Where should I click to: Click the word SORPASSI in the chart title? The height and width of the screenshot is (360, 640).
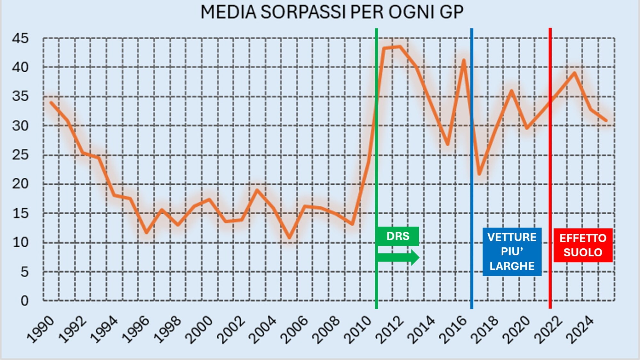(303, 12)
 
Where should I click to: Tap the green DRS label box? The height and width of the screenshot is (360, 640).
(398, 236)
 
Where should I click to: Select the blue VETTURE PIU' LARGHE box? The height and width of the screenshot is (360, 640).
(512, 252)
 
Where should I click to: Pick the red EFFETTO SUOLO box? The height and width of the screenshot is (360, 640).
(583, 245)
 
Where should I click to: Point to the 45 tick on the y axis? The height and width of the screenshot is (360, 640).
(20, 38)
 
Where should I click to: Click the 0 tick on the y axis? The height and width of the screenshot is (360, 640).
(24, 301)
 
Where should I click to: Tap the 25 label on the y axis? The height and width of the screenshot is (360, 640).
(20, 155)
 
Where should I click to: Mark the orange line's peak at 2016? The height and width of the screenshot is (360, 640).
(463, 60)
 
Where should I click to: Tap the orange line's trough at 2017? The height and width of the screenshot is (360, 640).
(479, 174)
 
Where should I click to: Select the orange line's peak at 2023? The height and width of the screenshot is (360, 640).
(575, 73)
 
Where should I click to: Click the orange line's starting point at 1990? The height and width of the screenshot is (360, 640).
(51, 102)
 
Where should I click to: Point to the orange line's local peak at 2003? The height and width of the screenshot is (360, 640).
(257, 190)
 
